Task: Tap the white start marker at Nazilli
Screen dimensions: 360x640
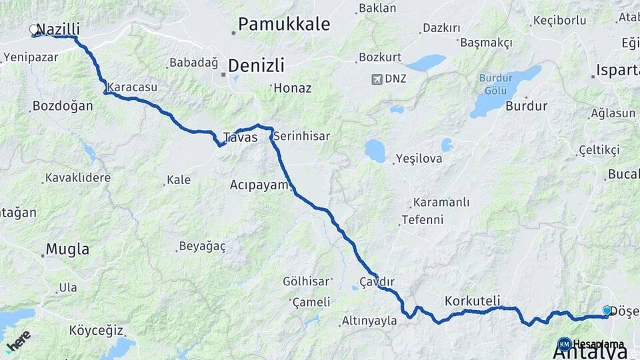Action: (34, 29)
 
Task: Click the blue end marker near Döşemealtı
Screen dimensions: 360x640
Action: (607, 311)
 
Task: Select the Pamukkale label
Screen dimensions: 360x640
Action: (284, 24)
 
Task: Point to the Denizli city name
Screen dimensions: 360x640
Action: (256, 65)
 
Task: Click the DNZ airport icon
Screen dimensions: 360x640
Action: (378, 79)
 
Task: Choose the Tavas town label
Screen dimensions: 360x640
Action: (240, 137)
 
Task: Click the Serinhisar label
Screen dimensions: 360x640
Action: (301, 136)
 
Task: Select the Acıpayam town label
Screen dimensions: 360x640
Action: (258, 185)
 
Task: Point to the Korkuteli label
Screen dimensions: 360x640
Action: (472, 301)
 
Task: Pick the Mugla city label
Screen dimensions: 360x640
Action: (67, 250)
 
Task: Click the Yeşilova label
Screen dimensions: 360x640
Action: (419, 159)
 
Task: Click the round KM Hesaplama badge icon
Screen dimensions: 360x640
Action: (565, 344)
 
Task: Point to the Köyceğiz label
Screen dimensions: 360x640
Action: (97, 331)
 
